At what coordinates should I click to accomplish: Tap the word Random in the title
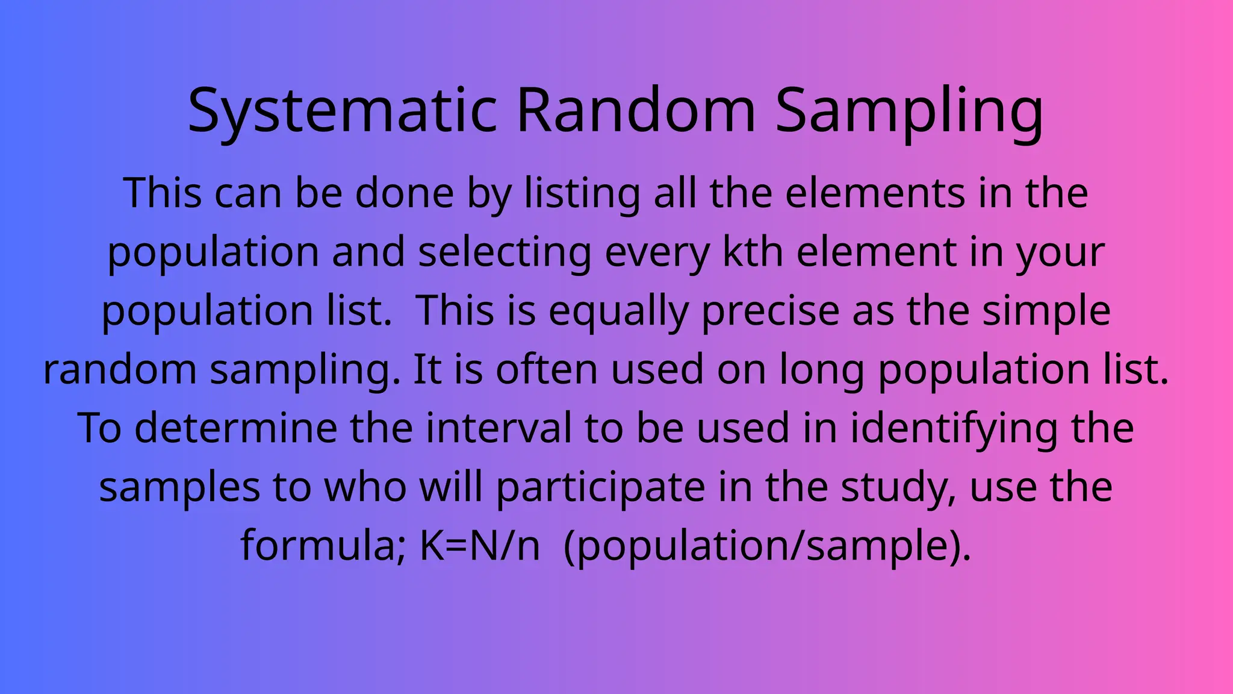(x=636, y=111)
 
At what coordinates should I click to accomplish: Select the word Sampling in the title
(x=909, y=111)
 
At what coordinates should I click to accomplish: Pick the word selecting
(x=505, y=252)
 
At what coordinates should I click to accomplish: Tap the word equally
(x=618, y=311)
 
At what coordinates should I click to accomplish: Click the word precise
(x=771, y=311)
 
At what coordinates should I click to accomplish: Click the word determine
(x=235, y=428)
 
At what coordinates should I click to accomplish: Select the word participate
(x=600, y=487)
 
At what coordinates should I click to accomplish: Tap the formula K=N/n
(x=479, y=546)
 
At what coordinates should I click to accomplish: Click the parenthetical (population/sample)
(x=768, y=546)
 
